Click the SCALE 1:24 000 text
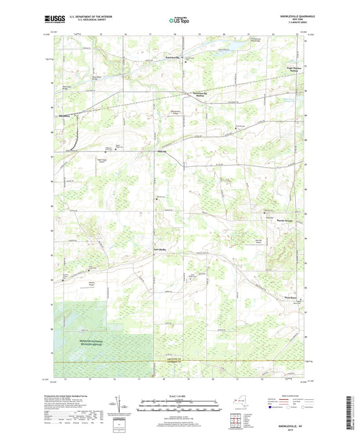coord(179,395)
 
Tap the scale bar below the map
coord(179,407)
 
